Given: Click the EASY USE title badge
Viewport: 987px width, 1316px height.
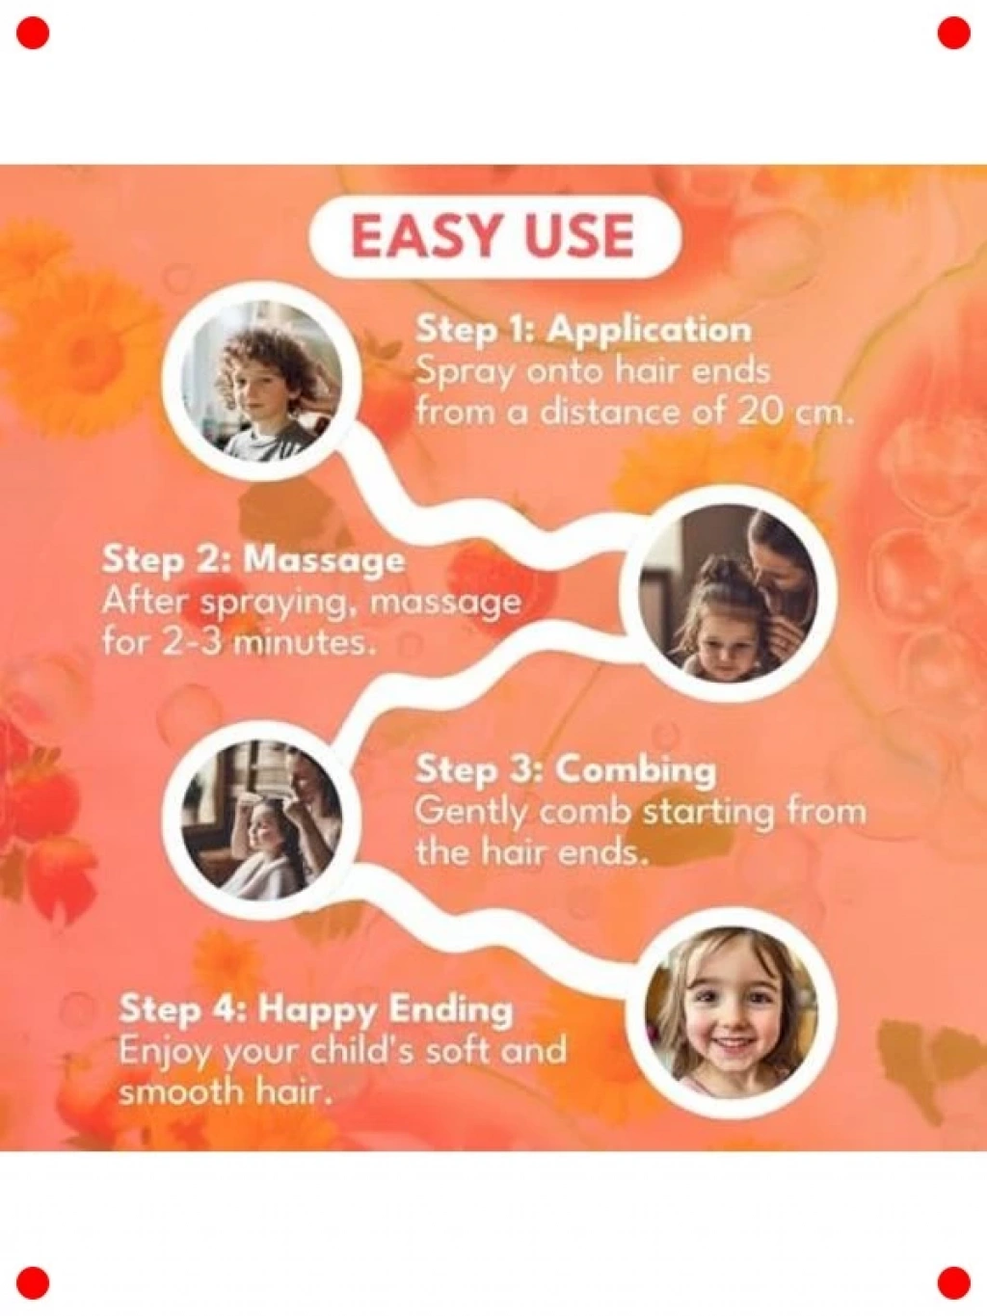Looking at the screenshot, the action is [x=495, y=236].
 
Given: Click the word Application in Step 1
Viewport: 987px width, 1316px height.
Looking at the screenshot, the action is [x=651, y=331].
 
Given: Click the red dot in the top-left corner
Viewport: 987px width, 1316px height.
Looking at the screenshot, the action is [x=33, y=33].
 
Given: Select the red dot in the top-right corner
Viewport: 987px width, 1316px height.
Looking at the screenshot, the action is [x=953, y=33].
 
